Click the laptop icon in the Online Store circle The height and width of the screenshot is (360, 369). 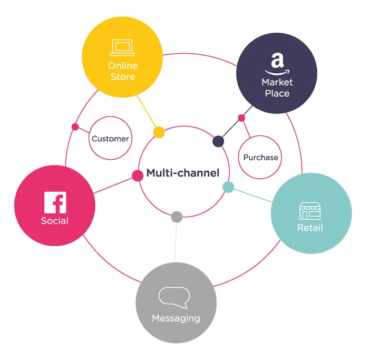pos(122,48)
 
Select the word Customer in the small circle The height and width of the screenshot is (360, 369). pos(110,139)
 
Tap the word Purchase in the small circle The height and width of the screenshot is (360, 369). pos(260,157)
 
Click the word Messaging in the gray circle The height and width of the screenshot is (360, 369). pos(176,318)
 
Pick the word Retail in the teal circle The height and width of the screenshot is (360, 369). pos(310,228)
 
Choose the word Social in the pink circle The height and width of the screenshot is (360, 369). pos(55,220)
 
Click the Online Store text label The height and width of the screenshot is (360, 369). pos(122,71)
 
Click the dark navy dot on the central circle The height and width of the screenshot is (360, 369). pos(218,141)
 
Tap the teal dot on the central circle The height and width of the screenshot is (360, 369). pos(228,187)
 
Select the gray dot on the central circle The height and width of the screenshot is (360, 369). pos(177,216)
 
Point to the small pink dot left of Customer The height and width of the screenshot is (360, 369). pos(75,127)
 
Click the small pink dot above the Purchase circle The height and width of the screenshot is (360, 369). pos(241,118)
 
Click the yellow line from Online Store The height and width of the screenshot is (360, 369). pos(147,112)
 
